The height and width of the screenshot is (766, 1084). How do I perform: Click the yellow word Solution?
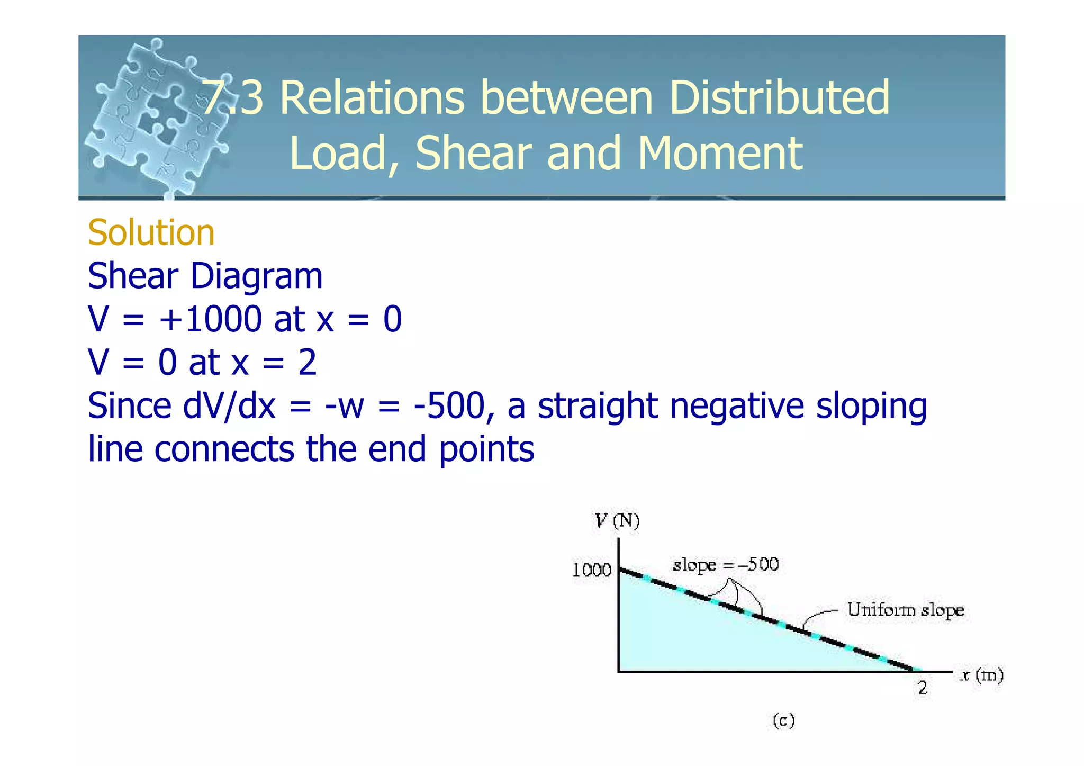151,233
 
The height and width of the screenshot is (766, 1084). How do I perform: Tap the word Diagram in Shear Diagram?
256,276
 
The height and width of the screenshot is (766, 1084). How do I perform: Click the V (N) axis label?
617,521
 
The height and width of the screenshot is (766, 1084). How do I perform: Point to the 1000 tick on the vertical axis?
592,570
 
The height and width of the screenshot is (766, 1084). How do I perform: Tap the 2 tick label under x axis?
923,688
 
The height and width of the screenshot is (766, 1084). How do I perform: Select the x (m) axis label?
982,675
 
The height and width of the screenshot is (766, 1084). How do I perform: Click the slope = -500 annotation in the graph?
725,565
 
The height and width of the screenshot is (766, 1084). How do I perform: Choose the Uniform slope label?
905,610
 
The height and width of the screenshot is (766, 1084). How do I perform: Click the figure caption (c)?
783,720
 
